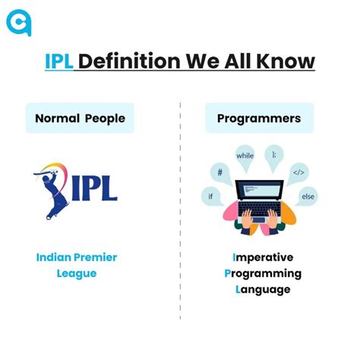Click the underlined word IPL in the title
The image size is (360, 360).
(59, 61)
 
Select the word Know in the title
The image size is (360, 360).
(287, 61)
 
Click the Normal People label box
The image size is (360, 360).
(80, 118)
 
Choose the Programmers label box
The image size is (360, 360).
(258, 118)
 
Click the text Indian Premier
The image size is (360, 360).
(77, 257)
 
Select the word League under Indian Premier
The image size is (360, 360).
(77, 273)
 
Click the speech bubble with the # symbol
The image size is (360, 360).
(219, 172)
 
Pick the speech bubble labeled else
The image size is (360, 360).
(306, 195)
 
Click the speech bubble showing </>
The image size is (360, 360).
(298, 172)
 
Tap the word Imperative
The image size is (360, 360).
(263, 257)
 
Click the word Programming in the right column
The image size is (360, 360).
(263, 273)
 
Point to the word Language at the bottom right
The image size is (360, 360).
(263, 289)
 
